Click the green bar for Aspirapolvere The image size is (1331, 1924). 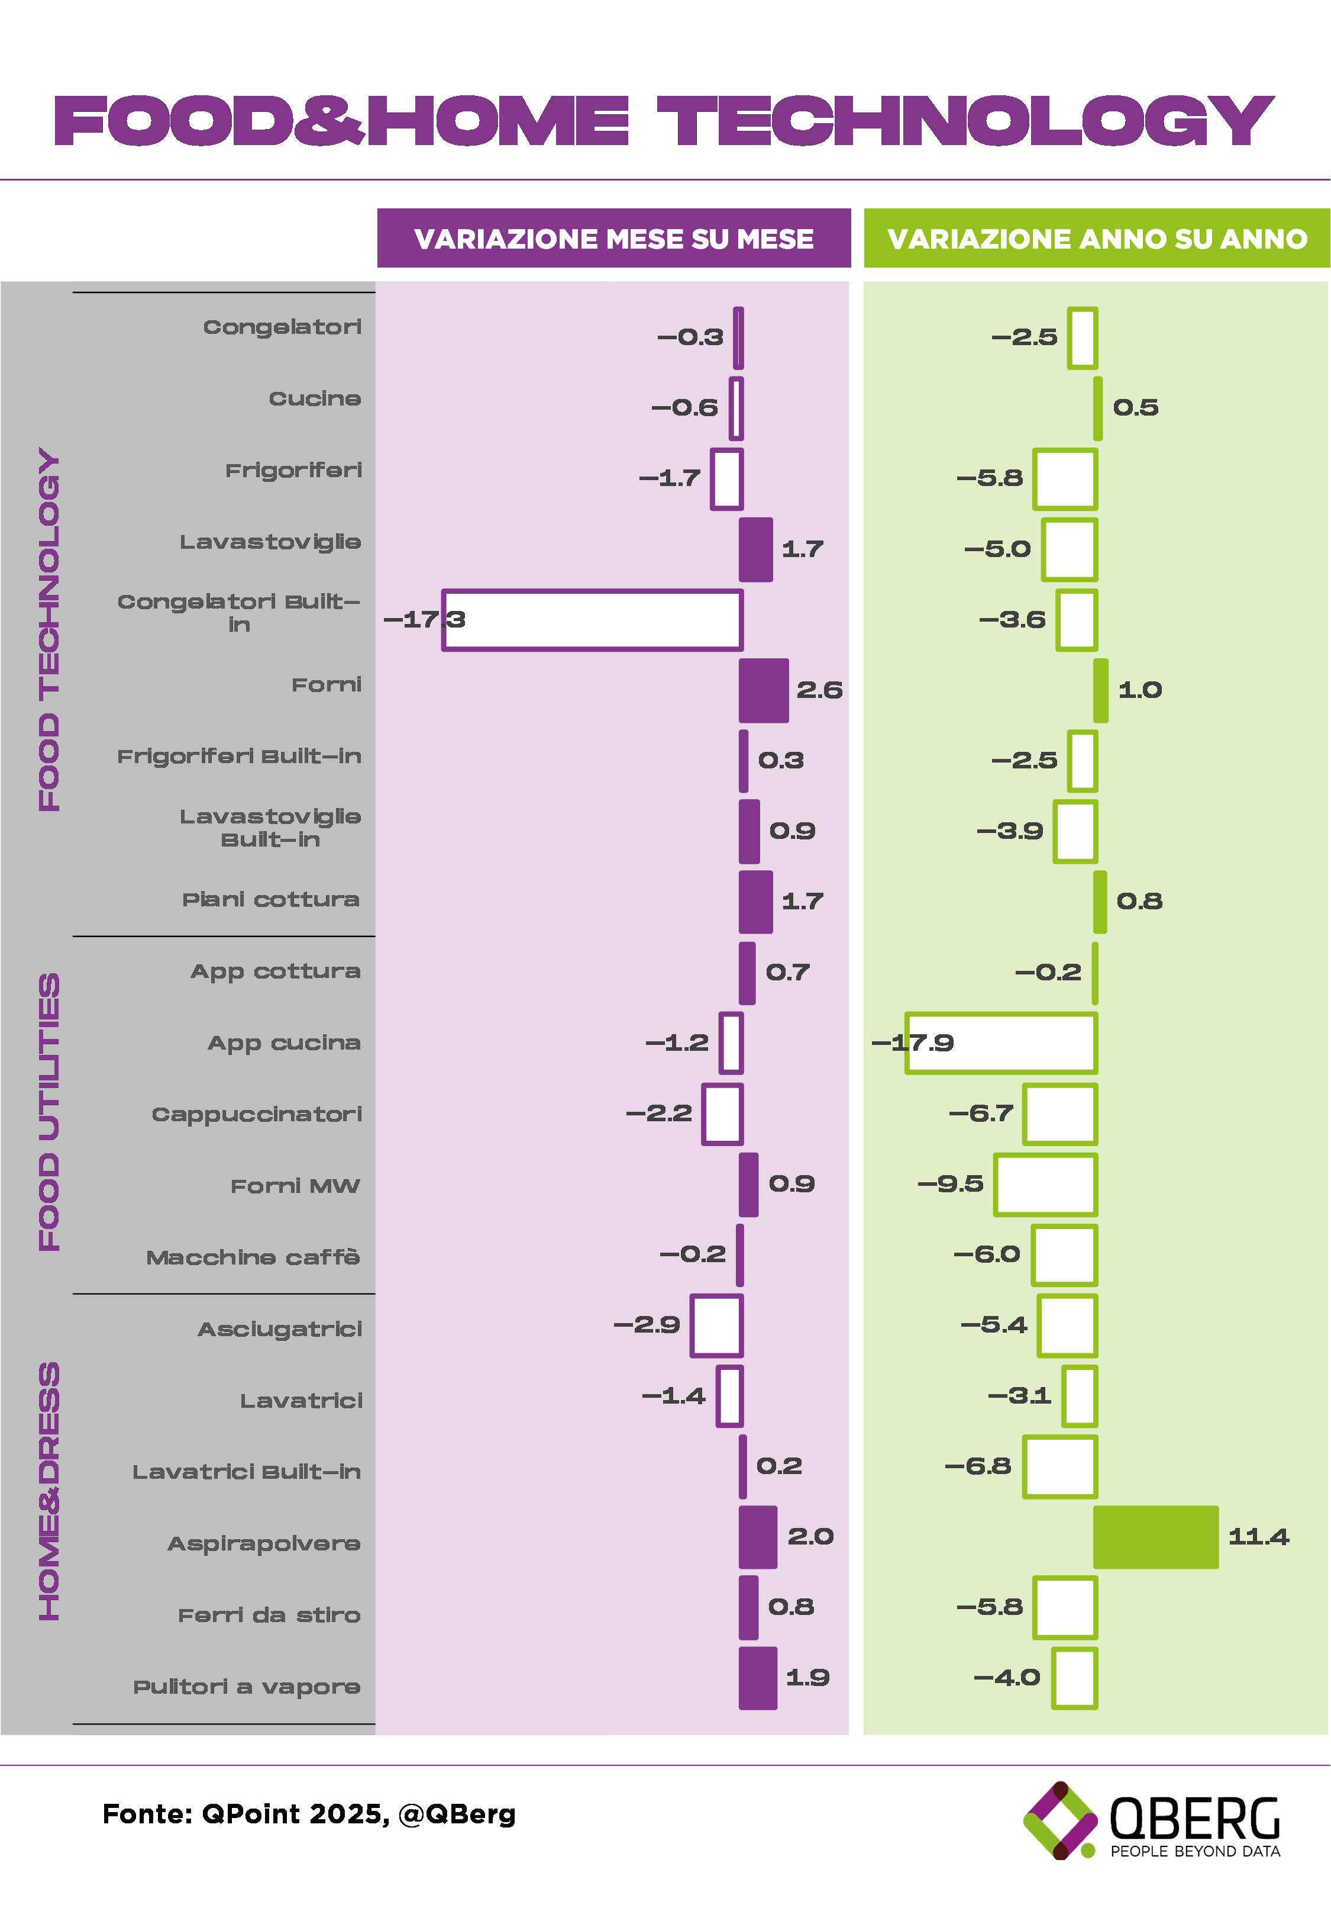(1155, 1536)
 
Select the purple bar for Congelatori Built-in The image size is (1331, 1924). (592, 620)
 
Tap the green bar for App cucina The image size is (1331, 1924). (1001, 1042)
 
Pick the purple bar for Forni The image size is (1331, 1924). (763, 690)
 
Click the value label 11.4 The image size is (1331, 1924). (1258, 1536)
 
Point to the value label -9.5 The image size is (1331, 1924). (950, 1183)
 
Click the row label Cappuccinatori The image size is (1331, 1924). (257, 1114)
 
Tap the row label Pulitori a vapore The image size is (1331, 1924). (247, 1686)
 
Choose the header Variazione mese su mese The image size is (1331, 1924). (614, 239)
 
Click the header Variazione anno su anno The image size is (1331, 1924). (1097, 239)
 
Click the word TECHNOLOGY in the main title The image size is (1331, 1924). (965, 120)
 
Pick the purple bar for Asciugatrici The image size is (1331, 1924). (716, 1325)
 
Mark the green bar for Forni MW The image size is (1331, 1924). (1045, 1184)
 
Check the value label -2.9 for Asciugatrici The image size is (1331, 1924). (647, 1324)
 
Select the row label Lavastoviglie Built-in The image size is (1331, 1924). (270, 828)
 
